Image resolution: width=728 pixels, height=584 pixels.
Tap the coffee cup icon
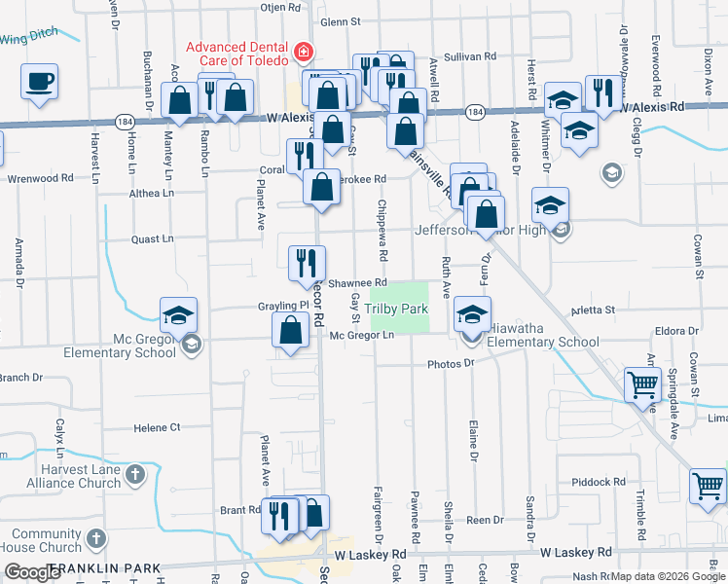(x=39, y=83)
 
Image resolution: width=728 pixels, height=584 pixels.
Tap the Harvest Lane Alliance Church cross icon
(x=135, y=475)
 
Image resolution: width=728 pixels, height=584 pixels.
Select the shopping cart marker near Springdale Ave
(x=643, y=383)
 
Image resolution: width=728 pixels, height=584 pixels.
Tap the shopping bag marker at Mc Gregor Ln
(x=291, y=329)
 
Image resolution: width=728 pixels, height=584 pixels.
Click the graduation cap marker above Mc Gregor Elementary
(x=179, y=315)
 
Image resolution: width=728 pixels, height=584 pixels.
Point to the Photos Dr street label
(x=450, y=363)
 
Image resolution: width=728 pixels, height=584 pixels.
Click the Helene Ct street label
(x=157, y=427)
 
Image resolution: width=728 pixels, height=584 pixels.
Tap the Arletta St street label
(x=594, y=310)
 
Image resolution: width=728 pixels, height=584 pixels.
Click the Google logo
(x=32, y=572)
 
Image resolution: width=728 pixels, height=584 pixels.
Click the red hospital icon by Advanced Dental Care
(x=305, y=51)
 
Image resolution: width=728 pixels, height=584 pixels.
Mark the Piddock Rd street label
(x=626, y=482)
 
